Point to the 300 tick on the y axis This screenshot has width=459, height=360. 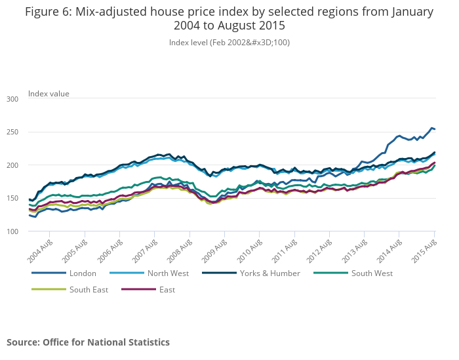coord(12,99)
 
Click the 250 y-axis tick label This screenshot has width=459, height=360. coord(12,132)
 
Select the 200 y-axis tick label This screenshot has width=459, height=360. coord(12,165)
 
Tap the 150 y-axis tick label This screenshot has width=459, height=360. coord(12,199)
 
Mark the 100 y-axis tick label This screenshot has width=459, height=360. coord(12,232)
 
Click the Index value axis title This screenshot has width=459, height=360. coord(49,94)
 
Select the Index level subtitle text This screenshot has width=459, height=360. coord(229,43)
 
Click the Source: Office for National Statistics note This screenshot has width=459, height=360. coord(88,342)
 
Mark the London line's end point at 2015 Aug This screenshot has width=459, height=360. coord(435,129)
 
